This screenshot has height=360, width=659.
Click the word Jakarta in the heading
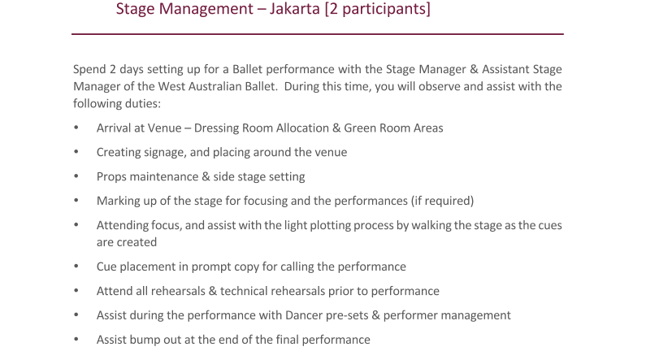[295, 9]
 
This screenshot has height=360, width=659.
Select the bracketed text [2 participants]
[377, 9]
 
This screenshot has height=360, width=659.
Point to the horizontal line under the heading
[318, 34]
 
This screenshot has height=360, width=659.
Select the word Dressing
[217, 128]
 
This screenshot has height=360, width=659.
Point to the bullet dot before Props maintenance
[76, 176]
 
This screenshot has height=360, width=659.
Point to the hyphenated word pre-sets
[345, 316]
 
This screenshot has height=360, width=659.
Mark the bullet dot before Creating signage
[76, 152]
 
